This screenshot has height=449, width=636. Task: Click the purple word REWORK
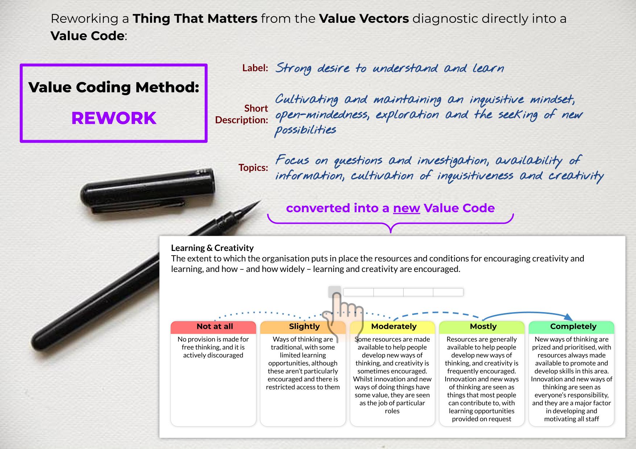point(114,118)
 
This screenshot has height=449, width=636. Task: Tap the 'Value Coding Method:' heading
point(114,87)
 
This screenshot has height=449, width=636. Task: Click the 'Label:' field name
point(255,68)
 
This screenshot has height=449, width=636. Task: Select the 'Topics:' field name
point(253,168)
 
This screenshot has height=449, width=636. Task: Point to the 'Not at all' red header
point(214,327)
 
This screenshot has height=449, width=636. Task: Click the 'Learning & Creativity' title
point(212,248)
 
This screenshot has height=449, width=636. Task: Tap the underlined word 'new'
point(406,209)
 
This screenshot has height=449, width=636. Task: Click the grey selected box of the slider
point(334,292)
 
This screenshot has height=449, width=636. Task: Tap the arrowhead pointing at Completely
point(568,317)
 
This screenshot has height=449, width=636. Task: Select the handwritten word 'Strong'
point(293,69)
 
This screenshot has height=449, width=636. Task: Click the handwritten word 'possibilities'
point(305,130)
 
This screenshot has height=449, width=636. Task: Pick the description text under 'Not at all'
point(213,347)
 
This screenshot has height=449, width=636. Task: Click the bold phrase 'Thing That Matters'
point(195,18)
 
